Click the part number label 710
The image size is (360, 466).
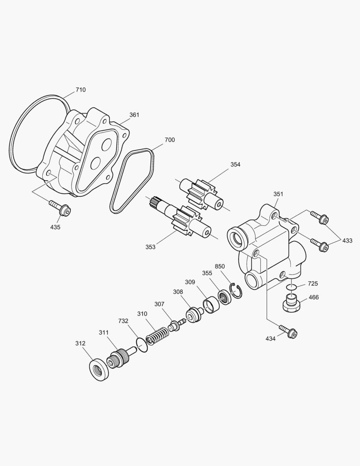click(81, 90)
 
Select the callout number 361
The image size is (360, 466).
click(135, 115)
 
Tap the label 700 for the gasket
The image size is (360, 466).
click(169, 140)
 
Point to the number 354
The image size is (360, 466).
click(235, 164)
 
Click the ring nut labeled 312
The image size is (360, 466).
click(99, 369)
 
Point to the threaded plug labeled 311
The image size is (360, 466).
click(118, 357)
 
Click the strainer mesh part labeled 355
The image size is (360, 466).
click(224, 296)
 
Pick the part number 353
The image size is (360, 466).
click(150, 247)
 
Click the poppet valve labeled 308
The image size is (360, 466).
click(194, 314)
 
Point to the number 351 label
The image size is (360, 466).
click(279, 194)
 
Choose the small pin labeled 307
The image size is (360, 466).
click(176, 325)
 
